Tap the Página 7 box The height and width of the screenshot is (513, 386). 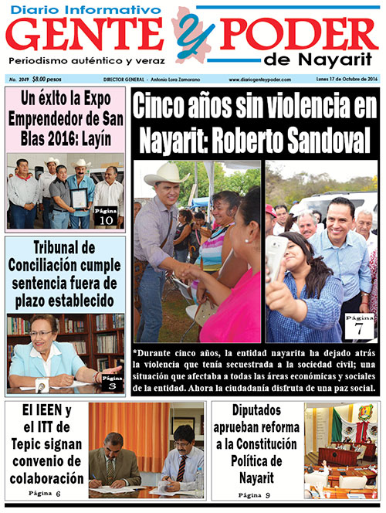[359, 325]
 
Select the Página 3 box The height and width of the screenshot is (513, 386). [110, 379]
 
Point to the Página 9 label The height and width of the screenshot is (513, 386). [255, 494]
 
